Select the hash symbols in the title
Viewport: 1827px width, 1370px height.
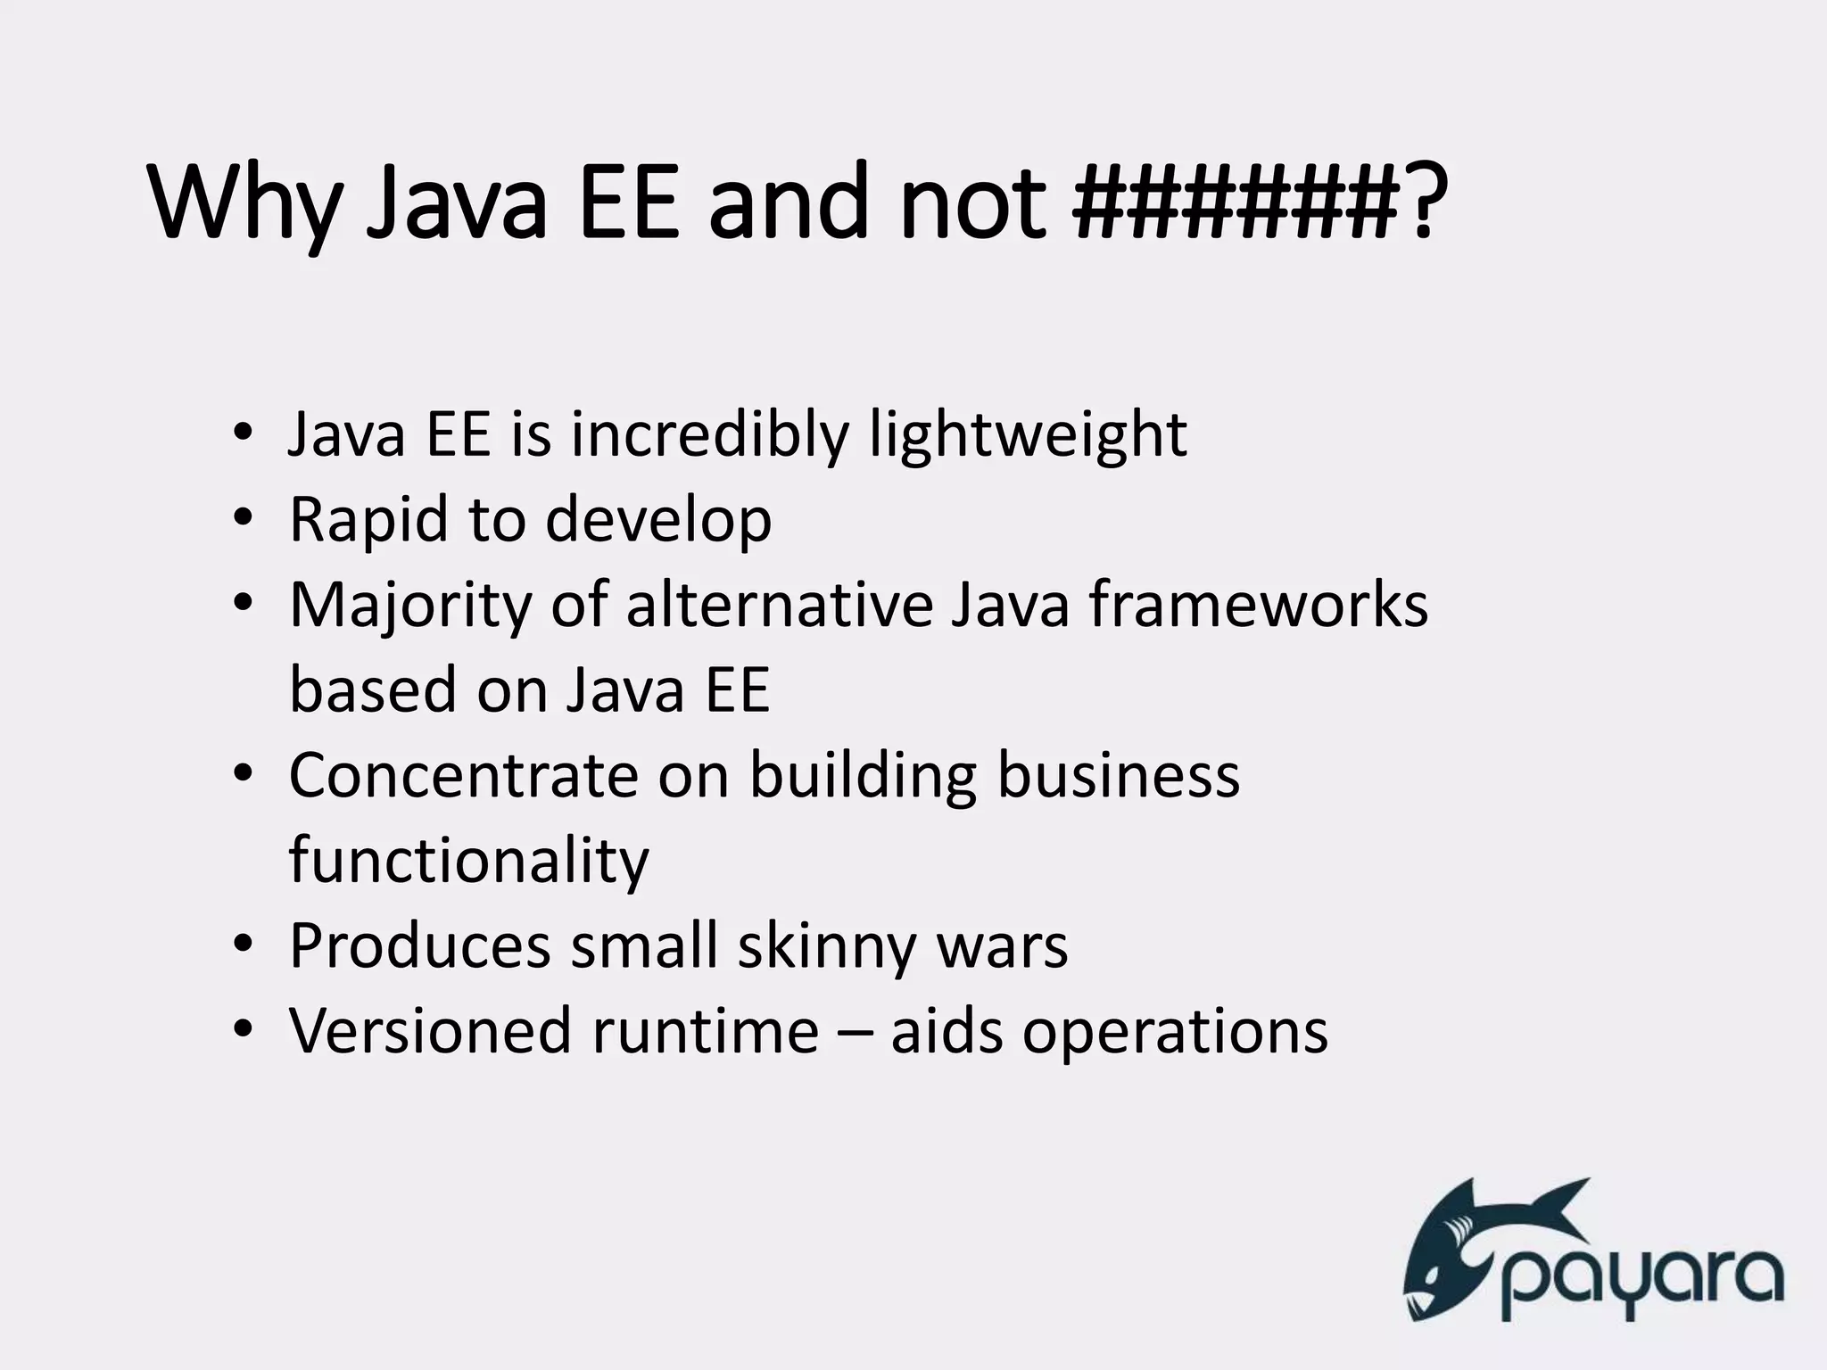1235,204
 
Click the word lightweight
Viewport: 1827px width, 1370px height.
1028,436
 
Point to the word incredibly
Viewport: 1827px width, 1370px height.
709,436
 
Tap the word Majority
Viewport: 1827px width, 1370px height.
409,606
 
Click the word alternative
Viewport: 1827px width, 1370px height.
779,606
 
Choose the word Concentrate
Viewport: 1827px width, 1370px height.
463,776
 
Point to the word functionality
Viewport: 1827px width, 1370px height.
469,862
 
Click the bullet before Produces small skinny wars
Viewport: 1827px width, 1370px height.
243,945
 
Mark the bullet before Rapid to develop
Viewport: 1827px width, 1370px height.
243,519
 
